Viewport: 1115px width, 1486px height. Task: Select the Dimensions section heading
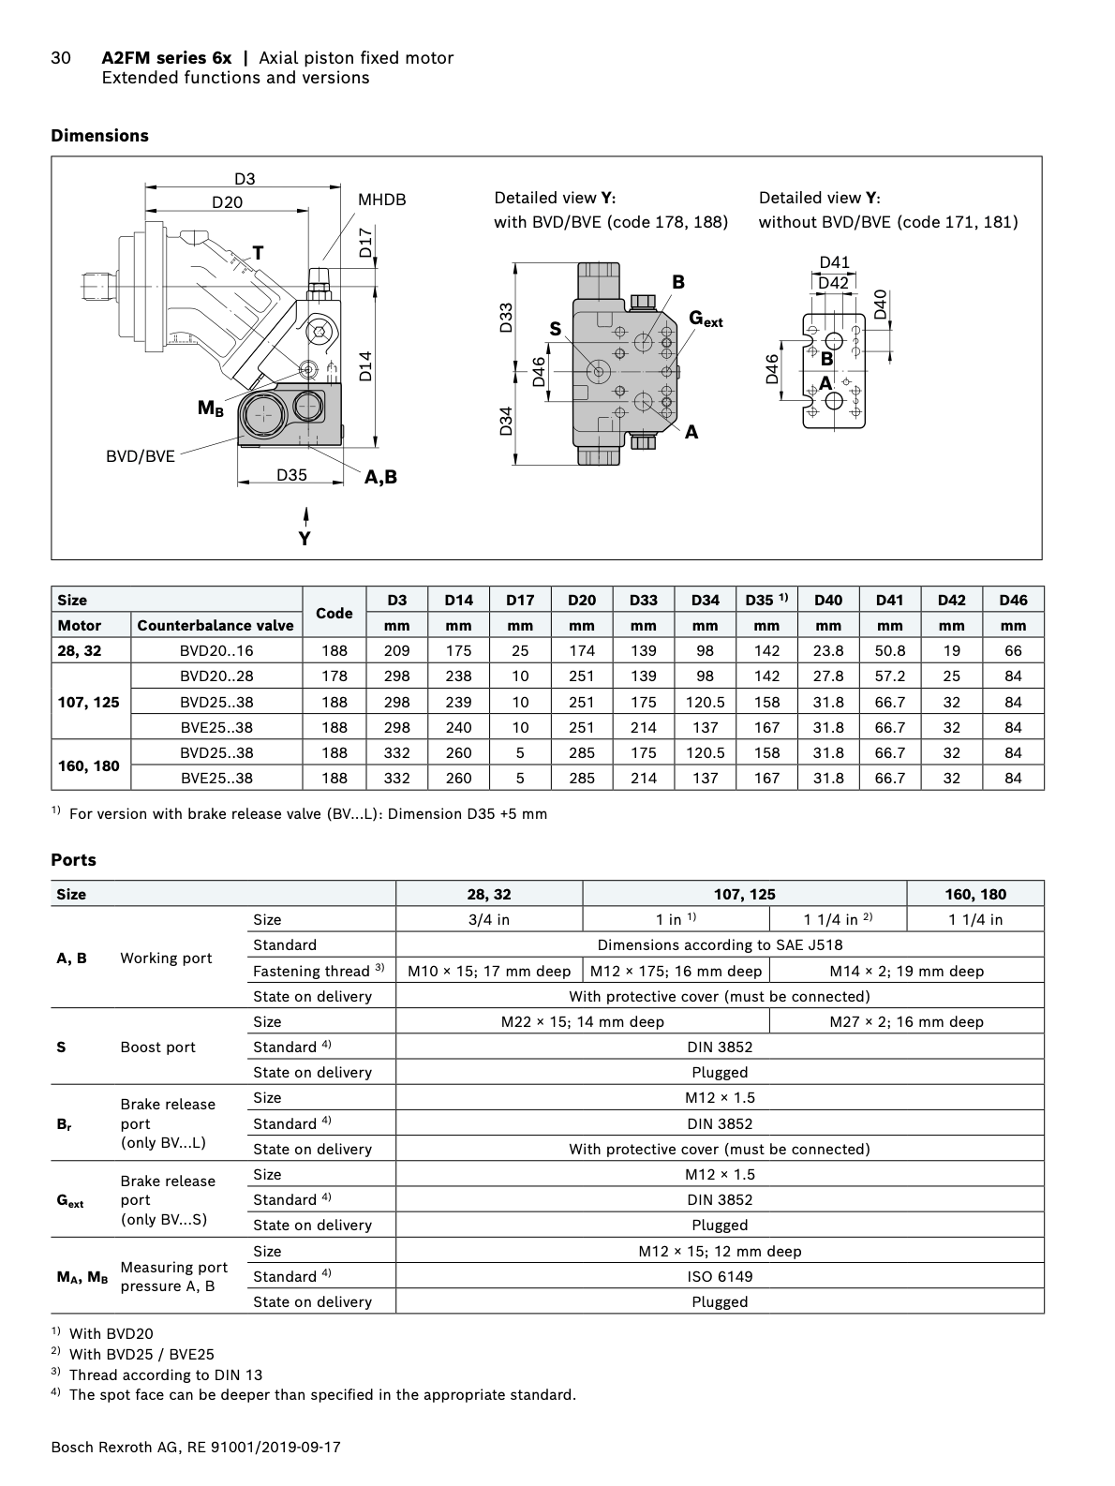click(x=99, y=136)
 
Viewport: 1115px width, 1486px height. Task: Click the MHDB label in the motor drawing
click(x=382, y=200)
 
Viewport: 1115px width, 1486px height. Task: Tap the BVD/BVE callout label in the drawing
click(x=141, y=456)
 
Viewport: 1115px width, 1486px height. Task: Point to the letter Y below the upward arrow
click(x=305, y=539)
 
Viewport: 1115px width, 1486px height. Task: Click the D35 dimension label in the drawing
click(x=291, y=475)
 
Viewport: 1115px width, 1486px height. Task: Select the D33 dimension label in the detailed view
click(x=506, y=318)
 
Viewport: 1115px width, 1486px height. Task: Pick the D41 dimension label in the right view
click(x=834, y=263)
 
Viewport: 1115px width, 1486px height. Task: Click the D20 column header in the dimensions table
click(x=582, y=600)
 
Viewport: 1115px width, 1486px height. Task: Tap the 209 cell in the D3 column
click(x=397, y=650)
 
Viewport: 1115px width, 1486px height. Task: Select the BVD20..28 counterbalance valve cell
click(x=216, y=676)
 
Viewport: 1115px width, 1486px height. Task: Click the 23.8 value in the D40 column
click(x=828, y=650)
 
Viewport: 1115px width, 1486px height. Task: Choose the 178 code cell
click(x=334, y=676)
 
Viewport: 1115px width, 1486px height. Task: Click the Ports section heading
click(x=73, y=859)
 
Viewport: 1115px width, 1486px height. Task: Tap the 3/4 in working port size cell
click(x=489, y=919)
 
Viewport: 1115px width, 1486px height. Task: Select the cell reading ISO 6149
click(x=720, y=1276)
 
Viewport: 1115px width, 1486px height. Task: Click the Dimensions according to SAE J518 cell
click(x=720, y=944)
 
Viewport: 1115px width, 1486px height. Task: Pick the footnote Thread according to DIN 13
click(x=165, y=1375)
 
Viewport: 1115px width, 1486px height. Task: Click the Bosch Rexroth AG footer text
click(x=195, y=1448)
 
